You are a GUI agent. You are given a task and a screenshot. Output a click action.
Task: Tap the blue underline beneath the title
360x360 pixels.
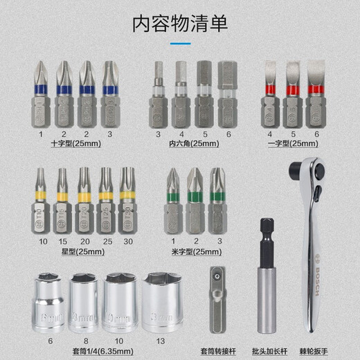pos(180,45)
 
